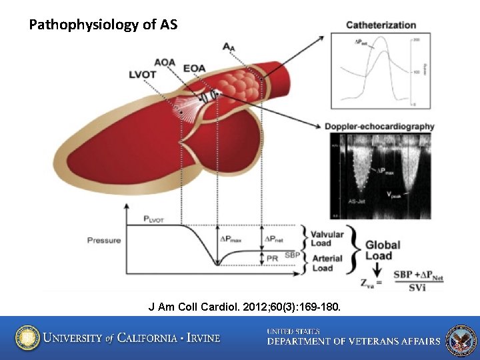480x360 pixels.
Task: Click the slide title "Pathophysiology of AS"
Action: click(x=103, y=25)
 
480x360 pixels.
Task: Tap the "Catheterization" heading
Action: click(x=381, y=25)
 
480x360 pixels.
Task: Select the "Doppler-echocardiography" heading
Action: click(x=379, y=127)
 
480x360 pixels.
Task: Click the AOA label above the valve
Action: click(x=165, y=63)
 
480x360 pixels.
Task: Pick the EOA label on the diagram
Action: click(x=194, y=67)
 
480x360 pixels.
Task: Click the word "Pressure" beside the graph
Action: click(x=104, y=240)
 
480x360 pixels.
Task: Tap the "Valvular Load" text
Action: click(x=327, y=239)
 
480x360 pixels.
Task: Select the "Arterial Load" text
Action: click(x=327, y=263)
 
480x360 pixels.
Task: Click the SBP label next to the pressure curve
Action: click(x=292, y=255)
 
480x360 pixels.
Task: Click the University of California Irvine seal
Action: click(x=27, y=337)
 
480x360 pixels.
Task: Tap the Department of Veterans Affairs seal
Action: click(x=461, y=339)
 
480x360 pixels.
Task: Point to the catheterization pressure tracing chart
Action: click(x=377, y=72)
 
